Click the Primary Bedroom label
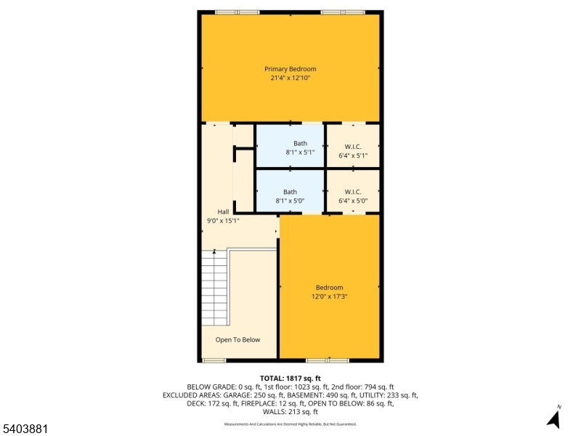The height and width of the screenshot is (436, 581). [x=290, y=69]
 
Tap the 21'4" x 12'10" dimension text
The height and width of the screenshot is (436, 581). [x=290, y=78]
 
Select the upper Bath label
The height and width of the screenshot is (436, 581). [x=300, y=143]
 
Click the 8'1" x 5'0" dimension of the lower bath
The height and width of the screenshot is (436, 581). [x=290, y=201]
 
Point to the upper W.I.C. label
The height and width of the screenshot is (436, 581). [x=353, y=145]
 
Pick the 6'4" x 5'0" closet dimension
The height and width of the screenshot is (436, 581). [x=353, y=201]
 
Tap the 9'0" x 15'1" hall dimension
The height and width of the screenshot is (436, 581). [x=223, y=220]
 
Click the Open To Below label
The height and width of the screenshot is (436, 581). [x=237, y=339]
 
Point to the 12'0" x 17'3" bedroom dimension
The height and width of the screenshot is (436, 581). [x=329, y=296]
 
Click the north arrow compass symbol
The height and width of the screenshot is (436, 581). [x=554, y=418]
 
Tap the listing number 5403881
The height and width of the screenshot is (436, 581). [x=25, y=429]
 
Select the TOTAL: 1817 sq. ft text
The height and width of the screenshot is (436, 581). [x=290, y=379]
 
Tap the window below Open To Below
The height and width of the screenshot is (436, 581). [x=214, y=360]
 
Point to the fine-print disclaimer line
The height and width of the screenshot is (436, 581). [x=290, y=424]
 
